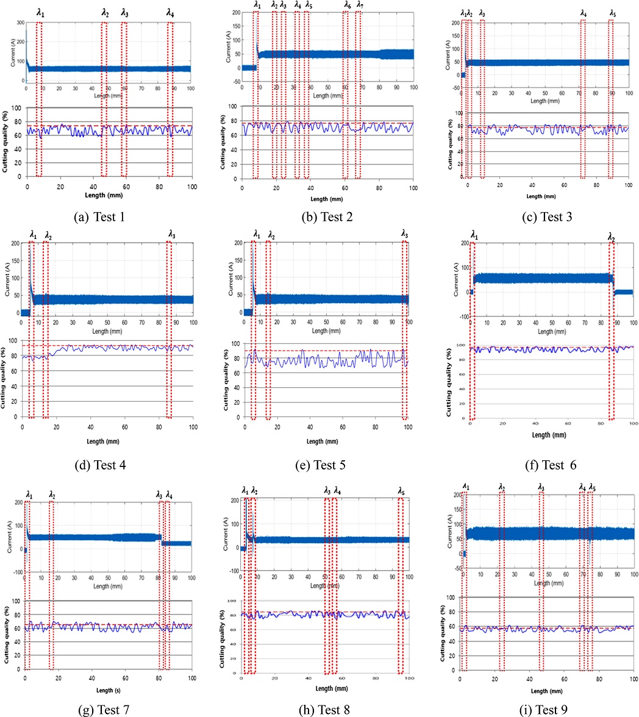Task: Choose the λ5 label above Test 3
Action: point(612,13)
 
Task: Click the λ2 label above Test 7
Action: point(52,494)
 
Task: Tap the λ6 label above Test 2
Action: point(347,5)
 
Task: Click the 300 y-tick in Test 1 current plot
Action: point(20,23)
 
